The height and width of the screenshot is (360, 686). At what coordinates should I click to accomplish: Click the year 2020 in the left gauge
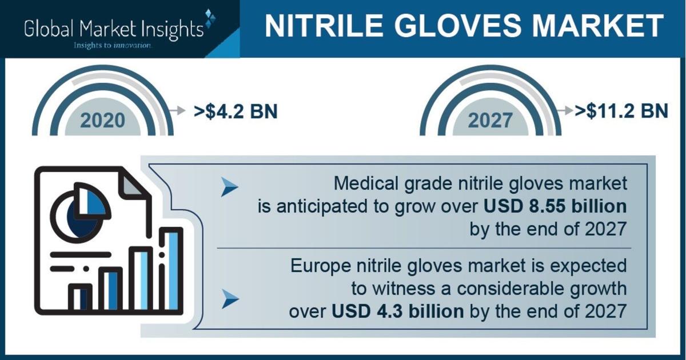pos(102,120)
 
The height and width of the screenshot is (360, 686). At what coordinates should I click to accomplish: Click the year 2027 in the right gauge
pos(490,120)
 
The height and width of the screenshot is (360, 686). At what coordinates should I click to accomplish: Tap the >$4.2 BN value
pos(236,111)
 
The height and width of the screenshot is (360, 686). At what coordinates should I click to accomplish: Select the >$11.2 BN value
pos(621,111)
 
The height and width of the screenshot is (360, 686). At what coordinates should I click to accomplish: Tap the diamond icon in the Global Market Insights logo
pos(210,18)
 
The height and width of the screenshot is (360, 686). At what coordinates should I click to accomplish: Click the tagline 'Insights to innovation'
pos(113,46)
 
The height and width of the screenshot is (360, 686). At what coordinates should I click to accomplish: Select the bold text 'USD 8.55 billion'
pos(555,206)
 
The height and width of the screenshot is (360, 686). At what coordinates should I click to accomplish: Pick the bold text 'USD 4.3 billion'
pos(397,311)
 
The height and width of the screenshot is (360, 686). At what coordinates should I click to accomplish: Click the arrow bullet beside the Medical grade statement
pos(229,186)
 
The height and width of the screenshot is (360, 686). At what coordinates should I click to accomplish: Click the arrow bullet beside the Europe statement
pos(230,298)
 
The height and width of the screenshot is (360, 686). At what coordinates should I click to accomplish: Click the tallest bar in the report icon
pos(172,271)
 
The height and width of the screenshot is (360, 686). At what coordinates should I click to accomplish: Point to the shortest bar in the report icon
pos(81,299)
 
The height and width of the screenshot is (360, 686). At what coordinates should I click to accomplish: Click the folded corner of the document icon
pos(132,183)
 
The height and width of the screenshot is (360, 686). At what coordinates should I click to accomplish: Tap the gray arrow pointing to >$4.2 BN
pos(177,110)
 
